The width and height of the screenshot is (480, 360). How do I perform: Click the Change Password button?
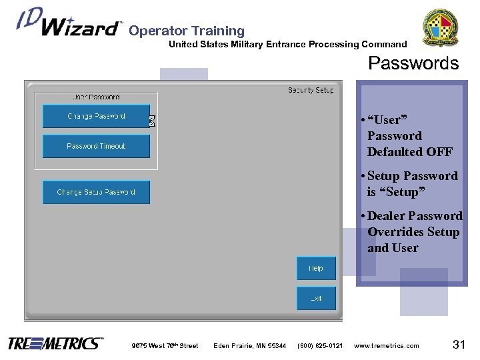tap(96, 116)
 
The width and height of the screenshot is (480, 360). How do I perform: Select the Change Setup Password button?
tap(96, 192)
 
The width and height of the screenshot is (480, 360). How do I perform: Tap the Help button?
tap(316, 269)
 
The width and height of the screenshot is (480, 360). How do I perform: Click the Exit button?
tap(316, 298)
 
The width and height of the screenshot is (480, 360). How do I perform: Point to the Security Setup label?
tap(311, 90)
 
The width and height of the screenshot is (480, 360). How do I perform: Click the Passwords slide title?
tap(413, 64)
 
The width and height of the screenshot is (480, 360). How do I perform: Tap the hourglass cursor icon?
tap(152, 121)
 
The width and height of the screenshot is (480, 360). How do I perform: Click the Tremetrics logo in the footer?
tap(56, 344)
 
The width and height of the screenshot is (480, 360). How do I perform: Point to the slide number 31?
tap(458, 344)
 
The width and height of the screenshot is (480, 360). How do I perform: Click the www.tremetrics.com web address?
tap(387, 345)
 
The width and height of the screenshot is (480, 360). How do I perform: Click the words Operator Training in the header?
tap(187, 31)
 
